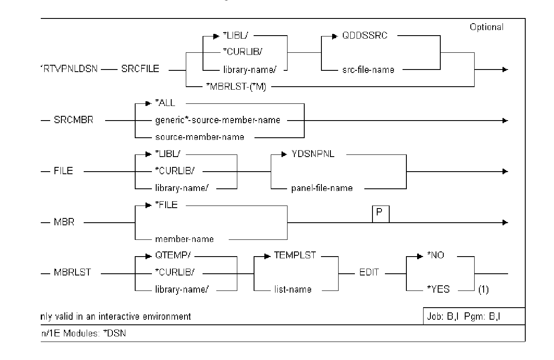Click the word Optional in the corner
[x=487, y=27]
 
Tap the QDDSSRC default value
[x=371, y=36]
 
